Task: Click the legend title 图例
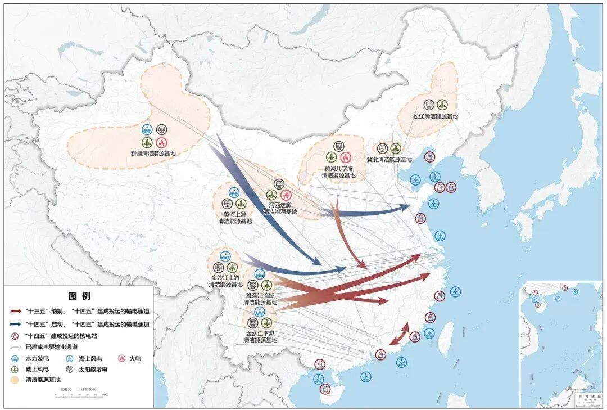coord(79,296)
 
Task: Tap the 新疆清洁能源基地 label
coord(153,153)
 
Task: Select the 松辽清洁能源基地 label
coord(436,116)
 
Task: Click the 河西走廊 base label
coord(280,208)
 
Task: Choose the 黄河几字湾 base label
coord(338,172)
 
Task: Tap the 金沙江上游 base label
coord(225,281)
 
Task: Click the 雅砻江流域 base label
coord(260,299)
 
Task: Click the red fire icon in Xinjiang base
coord(162,142)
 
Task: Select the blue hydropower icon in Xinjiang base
coord(147,129)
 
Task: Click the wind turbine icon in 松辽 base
coord(442,105)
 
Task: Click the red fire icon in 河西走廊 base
coord(286,195)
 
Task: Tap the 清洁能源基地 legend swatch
coord(16,380)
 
